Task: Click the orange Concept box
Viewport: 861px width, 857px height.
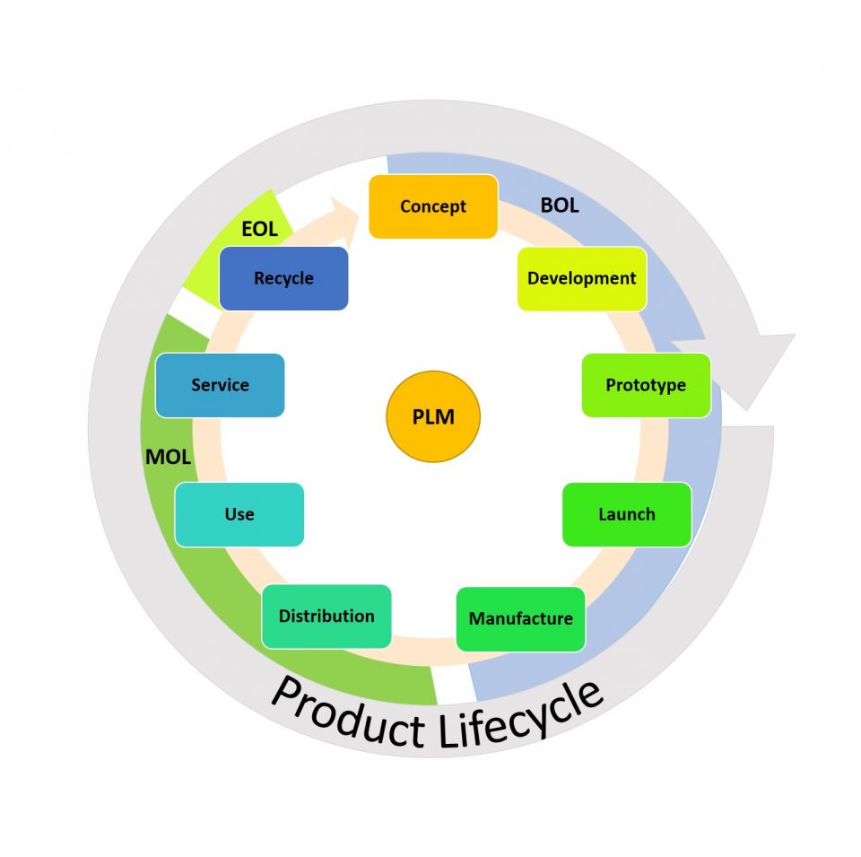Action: [x=433, y=206]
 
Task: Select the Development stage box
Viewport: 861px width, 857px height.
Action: [x=582, y=278]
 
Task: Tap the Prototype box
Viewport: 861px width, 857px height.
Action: [x=646, y=385]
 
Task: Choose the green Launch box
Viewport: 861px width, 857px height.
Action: [x=627, y=514]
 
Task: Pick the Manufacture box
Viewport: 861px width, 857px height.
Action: [x=520, y=618]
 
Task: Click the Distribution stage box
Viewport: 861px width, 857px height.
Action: [x=326, y=616]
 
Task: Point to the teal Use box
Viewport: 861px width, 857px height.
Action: [x=239, y=514]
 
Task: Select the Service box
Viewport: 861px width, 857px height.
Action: [x=220, y=385]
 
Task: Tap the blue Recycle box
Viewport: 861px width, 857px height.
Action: [x=283, y=278]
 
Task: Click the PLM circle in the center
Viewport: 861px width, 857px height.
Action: [x=433, y=417]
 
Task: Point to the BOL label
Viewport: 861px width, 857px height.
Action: [x=560, y=206]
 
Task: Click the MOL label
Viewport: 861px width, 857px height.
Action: [x=168, y=457]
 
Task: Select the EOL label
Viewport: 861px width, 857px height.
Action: [x=259, y=229]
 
